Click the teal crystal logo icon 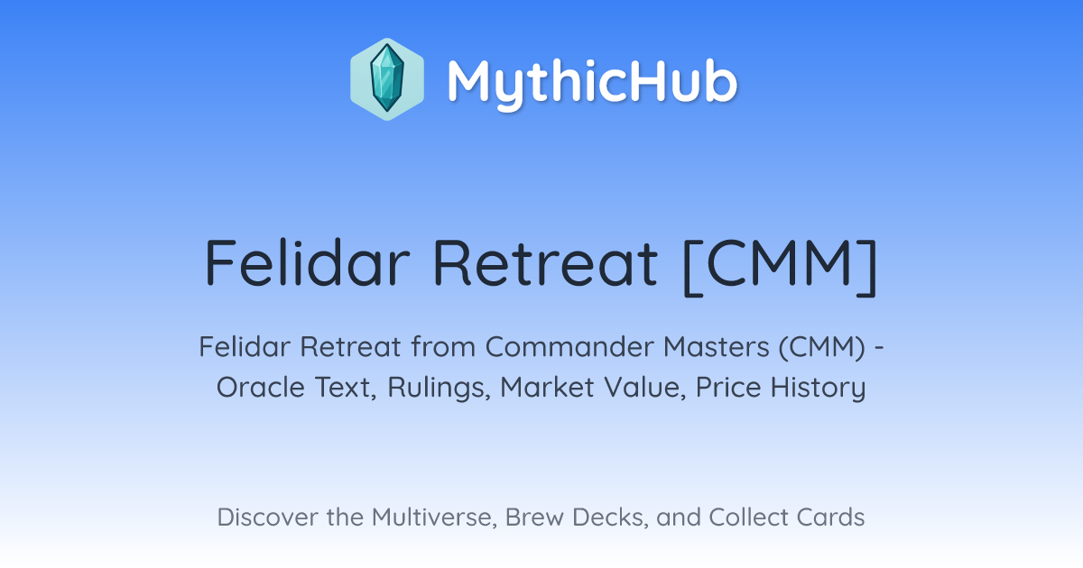click(x=387, y=79)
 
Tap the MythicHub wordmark click(x=592, y=83)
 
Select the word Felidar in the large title click(x=308, y=262)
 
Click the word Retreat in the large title click(x=545, y=262)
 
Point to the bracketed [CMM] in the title click(x=781, y=267)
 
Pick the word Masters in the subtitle click(x=716, y=347)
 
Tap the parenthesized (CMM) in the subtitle click(x=822, y=347)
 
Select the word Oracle click(x=261, y=388)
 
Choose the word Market click(x=547, y=388)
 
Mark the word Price click(x=728, y=388)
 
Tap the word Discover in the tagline click(x=267, y=518)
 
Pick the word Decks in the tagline click(x=610, y=518)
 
